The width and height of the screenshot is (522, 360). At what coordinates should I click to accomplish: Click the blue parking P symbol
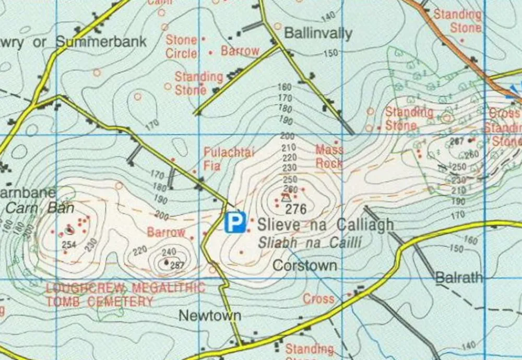point(235,222)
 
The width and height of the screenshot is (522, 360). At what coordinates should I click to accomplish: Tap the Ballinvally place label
point(318,33)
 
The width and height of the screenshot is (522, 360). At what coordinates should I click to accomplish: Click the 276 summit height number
point(295,209)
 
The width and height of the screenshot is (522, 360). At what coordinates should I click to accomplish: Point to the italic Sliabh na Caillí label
point(310,243)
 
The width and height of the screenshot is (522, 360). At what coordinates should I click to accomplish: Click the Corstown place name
point(305,266)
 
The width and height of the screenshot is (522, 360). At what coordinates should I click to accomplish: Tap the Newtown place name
point(210,315)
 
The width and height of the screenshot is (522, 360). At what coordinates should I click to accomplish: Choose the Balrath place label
point(459,278)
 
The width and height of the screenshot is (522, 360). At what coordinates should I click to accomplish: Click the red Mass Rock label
point(329,156)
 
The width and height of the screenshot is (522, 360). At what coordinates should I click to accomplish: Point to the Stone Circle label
point(182,46)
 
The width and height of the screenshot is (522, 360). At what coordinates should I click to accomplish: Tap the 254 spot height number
point(69,245)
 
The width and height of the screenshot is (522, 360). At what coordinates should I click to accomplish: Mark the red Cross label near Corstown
point(318,299)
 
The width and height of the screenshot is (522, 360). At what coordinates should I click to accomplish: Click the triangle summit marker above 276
point(285,198)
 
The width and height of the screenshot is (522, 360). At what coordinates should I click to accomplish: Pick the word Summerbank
point(102,42)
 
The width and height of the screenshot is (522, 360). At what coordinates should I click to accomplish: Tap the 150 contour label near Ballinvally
point(330,53)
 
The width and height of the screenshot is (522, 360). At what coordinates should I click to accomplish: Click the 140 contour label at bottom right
point(469,345)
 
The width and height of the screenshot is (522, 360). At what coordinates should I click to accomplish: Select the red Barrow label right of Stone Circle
point(240,51)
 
